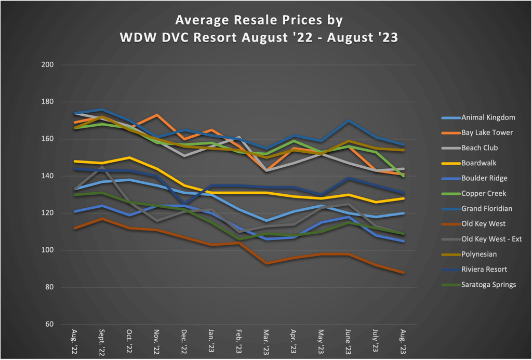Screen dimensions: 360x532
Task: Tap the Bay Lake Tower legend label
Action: [487, 132]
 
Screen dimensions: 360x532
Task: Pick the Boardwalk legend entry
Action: [479, 163]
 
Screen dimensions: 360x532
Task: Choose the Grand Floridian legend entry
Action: [487, 209]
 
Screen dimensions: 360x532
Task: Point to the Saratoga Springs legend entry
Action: [488, 285]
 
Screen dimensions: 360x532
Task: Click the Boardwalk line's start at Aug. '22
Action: [75, 161]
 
